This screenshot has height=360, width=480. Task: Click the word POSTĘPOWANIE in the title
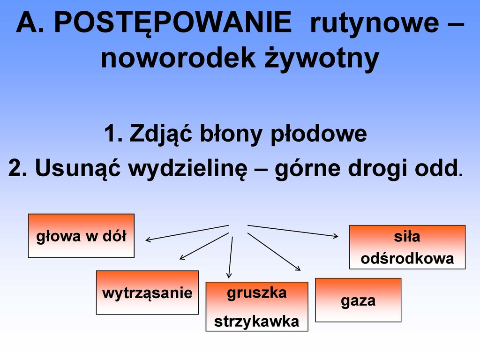tap(172, 23)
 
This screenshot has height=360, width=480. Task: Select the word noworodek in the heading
tap(178, 58)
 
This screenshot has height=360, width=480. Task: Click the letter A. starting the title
tap(30, 22)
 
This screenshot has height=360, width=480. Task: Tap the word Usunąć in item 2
tap(78, 169)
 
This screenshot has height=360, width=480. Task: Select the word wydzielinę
tap(187, 169)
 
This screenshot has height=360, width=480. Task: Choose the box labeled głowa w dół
tap(81, 236)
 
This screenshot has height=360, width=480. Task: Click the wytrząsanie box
tap(147, 292)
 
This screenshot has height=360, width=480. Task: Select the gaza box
tap(358, 300)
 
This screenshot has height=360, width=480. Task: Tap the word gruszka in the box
tap(257, 293)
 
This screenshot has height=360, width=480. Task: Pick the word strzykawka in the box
tap(256, 322)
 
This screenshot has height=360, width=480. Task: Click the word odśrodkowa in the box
tap(407, 258)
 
